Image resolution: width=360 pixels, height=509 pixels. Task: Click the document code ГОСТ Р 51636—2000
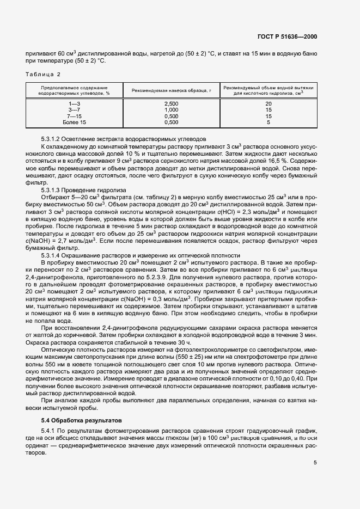286,36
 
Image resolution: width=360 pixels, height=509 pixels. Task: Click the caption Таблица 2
43,73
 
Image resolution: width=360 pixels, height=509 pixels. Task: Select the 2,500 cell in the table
171,103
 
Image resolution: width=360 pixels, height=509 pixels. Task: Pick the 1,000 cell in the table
171,109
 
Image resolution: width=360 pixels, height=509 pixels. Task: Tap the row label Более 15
74,122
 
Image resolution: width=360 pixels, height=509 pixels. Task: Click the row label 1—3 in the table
74,103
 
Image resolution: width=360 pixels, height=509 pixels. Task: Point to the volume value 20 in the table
269,103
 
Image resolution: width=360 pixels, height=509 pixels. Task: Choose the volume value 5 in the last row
269,122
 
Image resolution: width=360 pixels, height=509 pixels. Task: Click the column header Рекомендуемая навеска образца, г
171,90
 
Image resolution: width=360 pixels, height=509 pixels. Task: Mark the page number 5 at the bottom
315,463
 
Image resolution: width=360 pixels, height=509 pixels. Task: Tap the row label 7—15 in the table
74,116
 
